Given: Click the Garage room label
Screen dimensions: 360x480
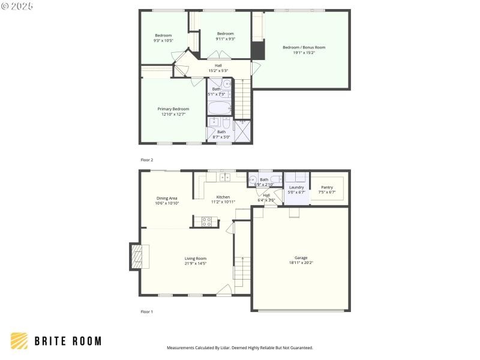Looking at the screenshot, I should [301, 257].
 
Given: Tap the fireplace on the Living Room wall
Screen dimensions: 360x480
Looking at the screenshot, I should [137, 257].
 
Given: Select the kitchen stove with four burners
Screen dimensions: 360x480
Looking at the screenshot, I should [206, 221].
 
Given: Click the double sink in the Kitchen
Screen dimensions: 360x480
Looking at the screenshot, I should [224, 177].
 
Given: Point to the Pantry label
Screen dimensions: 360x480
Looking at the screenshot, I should [326, 187].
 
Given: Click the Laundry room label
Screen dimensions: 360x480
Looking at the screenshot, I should [296, 187].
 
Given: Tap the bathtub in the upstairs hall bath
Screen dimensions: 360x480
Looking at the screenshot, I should [219, 108].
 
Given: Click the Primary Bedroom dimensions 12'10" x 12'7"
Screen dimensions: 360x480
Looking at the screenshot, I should [173, 114].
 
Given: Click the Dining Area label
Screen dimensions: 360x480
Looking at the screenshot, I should [167, 198].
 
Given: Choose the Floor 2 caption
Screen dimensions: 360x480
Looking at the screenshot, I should [147, 160].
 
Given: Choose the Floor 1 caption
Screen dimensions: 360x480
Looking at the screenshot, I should [147, 312].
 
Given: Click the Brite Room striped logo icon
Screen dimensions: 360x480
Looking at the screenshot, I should [19, 341].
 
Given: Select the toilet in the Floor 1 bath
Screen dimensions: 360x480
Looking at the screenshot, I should [274, 179].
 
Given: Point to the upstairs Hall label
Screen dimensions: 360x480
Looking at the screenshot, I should [218, 65].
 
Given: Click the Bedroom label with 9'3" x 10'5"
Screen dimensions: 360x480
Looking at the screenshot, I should [163, 35].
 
